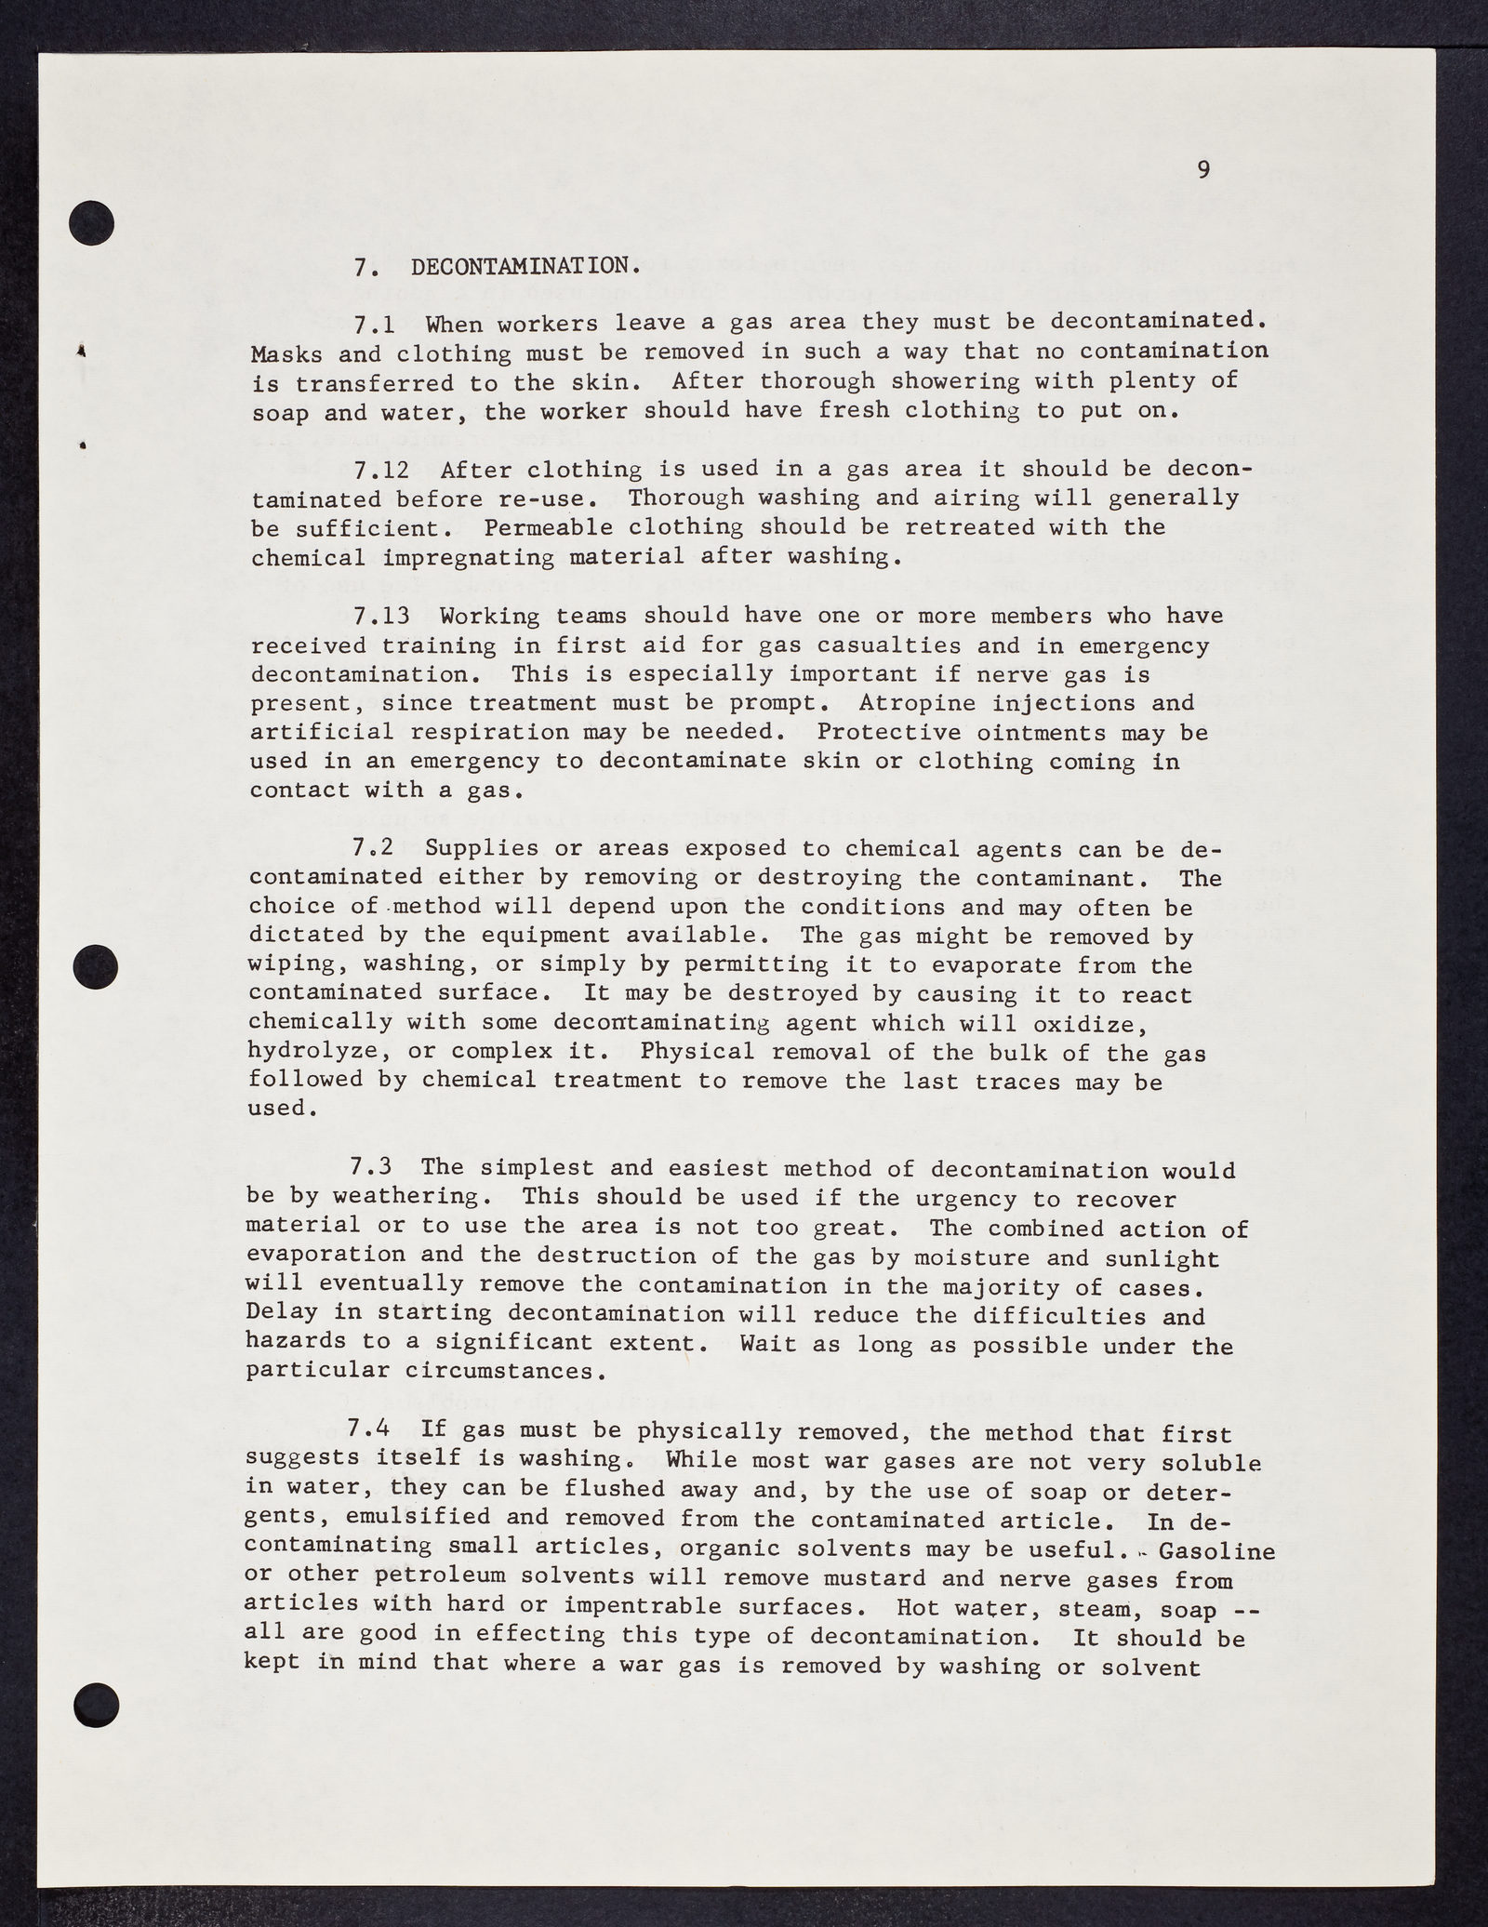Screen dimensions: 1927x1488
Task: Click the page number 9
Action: [x=1203, y=169]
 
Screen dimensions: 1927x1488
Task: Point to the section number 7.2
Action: [x=374, y=848]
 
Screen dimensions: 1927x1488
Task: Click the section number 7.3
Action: [x=374, y=1169]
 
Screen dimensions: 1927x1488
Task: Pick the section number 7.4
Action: [x=374, y=1432]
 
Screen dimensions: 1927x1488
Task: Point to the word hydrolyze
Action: [x=306, y=1053]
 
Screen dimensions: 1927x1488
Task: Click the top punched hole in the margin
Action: [x=92, y=224]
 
